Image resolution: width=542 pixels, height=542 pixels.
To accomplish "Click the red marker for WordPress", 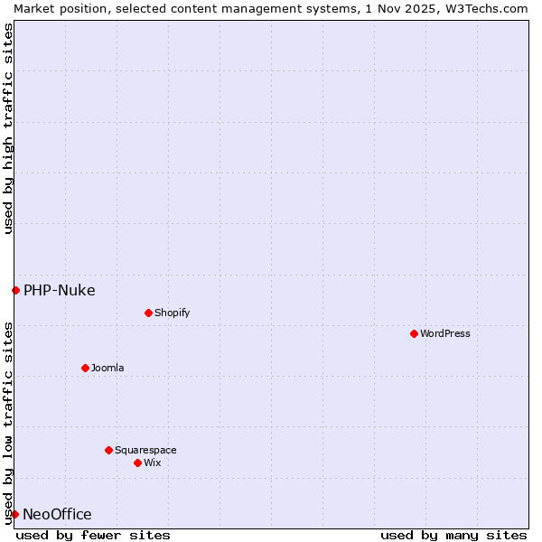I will pyautogui.click(x=414, y=333).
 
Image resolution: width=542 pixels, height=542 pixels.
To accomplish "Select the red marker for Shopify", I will pyautogui.click(x=148, y=313).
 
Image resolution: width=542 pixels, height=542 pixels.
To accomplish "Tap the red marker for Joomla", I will pyautogui.click(x=85, y=368).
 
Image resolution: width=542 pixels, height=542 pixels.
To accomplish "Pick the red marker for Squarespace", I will pyautogui.click(x=108, y=450).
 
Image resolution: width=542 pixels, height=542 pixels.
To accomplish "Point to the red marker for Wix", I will pyautogui.click(x=137, y=463).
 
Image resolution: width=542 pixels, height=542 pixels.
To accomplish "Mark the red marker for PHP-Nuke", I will pyautogui.click(x=15, y=290).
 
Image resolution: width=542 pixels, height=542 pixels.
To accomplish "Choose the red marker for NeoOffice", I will pyautogui.click(x=14, y=514).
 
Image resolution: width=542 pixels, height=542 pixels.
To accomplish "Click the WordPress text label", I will pyautogui.click(x=445, y=333).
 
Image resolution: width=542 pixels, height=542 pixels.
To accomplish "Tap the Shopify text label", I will pyautogui.click(x=172, y=313).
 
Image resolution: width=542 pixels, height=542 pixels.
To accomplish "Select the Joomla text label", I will pyautogui.click(x=107, y=368).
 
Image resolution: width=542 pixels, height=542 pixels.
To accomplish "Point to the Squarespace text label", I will pyautogui.click(x=145, y=450).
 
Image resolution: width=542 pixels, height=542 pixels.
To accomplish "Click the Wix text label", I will pyautogui.click(x=153, y=463).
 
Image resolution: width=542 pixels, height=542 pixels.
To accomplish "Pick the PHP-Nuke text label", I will pyautogui.click(x=60, y=290).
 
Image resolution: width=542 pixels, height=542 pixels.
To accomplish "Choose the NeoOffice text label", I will pyautogui.click(x=57, y=514).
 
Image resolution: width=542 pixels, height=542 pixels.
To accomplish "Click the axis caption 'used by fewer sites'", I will pyautogui.click(x=93, y=535).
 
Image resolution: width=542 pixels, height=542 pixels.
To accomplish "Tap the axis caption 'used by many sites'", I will pyautogui.click(x=453, y=535).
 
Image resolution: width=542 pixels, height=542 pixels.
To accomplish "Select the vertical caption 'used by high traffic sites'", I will pyautogui.click(x=8, y=128).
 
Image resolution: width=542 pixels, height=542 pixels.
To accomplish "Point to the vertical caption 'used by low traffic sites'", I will pyautogui.click(x=8, y=422).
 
